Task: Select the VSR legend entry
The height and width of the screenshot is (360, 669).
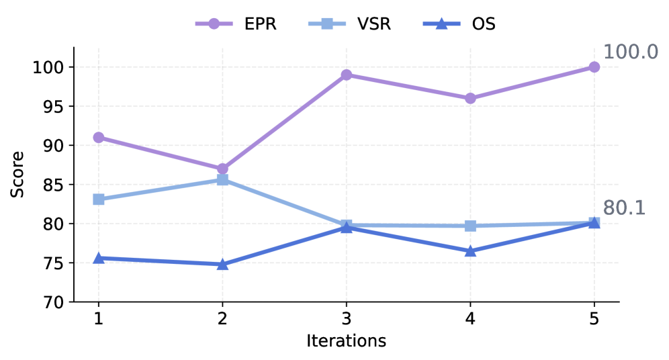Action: coord(349,24)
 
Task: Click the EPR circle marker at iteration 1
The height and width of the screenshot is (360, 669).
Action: coord(99,138)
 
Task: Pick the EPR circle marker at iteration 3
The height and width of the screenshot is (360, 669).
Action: coord(347,75)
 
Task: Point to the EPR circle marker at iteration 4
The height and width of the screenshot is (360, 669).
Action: coord(470,98)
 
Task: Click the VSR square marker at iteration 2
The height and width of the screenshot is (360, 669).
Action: coord(222,180)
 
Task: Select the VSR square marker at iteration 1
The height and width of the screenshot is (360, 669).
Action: coord(99,199)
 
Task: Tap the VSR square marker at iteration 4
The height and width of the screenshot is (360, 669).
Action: coord(470,226)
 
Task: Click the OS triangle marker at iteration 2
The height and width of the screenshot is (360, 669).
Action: coord(222,265)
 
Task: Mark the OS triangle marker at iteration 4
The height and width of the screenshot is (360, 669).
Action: coord(470,251)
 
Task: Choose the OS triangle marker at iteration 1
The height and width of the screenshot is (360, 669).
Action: coord(99,258)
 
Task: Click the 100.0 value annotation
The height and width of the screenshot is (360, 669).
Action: coord(630,52)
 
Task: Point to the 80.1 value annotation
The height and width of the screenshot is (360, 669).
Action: coord(624,208)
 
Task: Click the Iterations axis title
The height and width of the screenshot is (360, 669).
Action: coord(346,341)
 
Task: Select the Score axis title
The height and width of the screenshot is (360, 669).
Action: coord(18,175)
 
